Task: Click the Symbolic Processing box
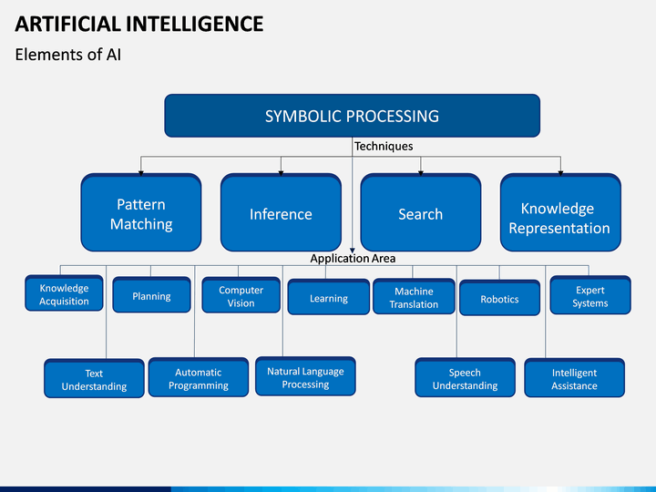(352, 116)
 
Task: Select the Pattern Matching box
(141, 212)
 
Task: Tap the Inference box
(281, 212)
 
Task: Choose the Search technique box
(420, 212)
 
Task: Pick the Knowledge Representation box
(560, 212)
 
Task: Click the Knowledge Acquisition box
(64, 293)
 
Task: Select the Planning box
(151, 295)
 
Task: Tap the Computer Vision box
(241, 295)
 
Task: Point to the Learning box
(328, 297)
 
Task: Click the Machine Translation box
(414, 296)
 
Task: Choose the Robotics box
(499, 298)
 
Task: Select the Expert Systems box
(590, 295)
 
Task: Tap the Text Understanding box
(94, 378)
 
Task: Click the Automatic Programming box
(199, 377)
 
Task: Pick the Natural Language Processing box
(305, 376)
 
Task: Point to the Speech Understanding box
(465, 377)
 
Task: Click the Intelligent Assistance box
(574, 377)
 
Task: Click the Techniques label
(384, 146)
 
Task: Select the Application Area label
(353, 259)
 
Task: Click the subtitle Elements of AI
(68, 55)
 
